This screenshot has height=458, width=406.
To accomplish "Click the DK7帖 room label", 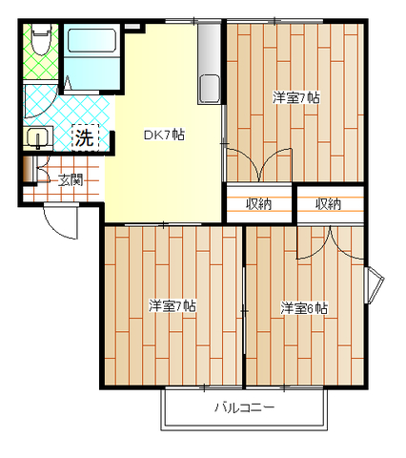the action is click(164, 135).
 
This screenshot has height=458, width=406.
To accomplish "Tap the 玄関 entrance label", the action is click(71, 180).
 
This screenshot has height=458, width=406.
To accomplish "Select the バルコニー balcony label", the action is click(244, 407).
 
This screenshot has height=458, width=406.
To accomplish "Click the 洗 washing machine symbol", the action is click(85, 137).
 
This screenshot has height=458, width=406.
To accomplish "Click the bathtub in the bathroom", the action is click(91, 40).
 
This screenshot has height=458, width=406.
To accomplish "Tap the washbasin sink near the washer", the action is click(38, 137).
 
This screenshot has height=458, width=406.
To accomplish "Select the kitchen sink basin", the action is click(209, 89).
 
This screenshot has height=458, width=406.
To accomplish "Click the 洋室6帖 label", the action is click(304, 308).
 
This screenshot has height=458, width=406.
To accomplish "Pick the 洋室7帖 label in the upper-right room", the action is click(296, 98).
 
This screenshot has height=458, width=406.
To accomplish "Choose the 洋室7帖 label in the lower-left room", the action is click(173, 306).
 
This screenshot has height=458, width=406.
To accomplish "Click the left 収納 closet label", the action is click(259, 204).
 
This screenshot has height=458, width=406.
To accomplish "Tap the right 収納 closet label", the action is click(328, 204).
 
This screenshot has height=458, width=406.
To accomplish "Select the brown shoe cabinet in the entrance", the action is click(28, 170).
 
